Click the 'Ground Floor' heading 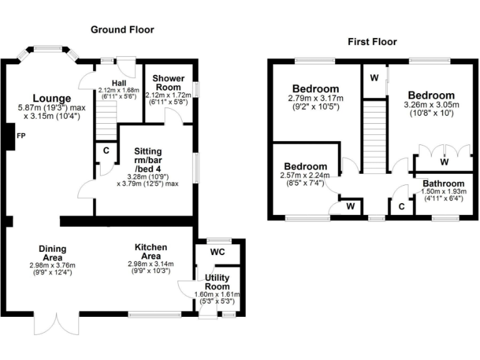click(x=122, y=29)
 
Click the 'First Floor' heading click(x=372, y=42)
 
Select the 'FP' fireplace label click(x=21, y=136)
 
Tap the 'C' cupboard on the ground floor click(x=106, y=151)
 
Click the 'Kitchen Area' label click(x=152, y=252)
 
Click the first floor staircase click(x=372, y=137)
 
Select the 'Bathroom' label click(x=442, y=183)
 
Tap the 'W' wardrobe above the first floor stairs click(x=374, y=78)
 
